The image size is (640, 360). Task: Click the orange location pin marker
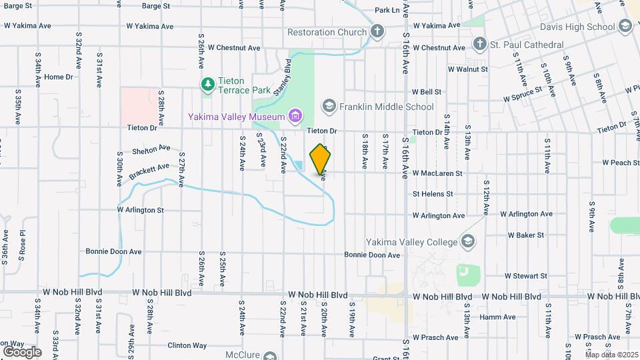[321, 159]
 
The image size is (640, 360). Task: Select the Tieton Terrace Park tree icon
[208, 84]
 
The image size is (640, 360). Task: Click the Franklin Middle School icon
[328, 106]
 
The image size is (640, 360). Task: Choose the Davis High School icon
[625, 27]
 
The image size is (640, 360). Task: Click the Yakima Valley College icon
[467, 241]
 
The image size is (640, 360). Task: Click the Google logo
[22, 351]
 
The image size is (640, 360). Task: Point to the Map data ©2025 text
[612, 355]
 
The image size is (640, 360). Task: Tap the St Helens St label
[433, 194]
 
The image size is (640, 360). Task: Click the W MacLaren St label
[438, 173]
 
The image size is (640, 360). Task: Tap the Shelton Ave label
[151, 149]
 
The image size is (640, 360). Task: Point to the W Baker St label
[526, 235]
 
